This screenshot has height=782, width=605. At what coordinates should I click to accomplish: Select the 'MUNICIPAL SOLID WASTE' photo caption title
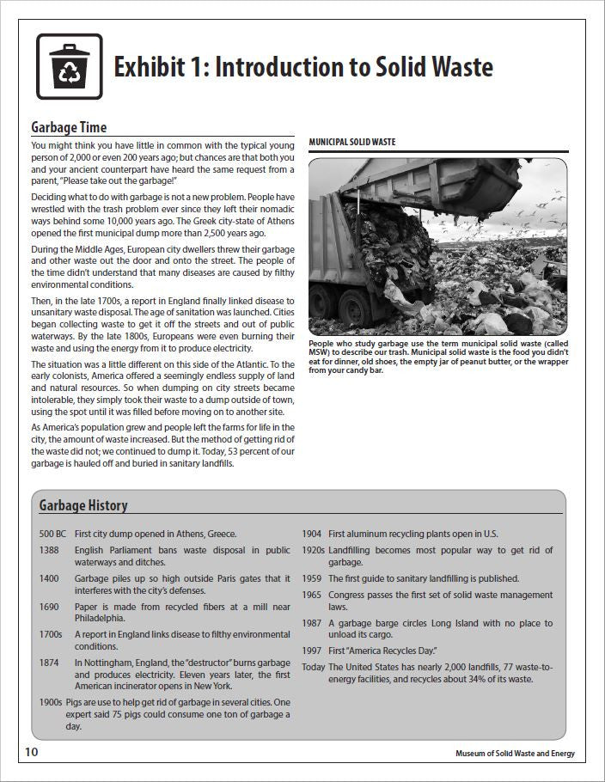tap(352, 142)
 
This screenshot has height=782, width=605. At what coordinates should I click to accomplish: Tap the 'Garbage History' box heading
tap(83, 505)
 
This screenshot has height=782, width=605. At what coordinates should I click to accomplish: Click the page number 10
tap(31, 752)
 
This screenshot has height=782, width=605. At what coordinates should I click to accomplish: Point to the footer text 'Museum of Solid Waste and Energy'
tap(515, 754)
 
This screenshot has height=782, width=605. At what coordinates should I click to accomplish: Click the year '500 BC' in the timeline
tap(53, 534)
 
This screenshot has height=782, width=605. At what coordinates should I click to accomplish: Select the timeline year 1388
tap(49, 550)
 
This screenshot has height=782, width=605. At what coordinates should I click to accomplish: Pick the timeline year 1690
tap(49, 607)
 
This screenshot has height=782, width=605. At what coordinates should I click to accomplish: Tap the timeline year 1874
tap(49, 663)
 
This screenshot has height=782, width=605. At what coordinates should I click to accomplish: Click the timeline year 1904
tap(312, 534)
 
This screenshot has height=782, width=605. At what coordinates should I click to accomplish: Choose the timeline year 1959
tap(312, 578)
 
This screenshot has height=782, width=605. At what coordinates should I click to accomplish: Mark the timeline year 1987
tap(312, 623)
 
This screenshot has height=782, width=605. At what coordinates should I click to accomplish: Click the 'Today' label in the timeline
tap(314, 667)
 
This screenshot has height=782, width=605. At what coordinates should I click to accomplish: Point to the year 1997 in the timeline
tap(312, 651)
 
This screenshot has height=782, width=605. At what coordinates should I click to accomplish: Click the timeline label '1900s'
tap(52, 702)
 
